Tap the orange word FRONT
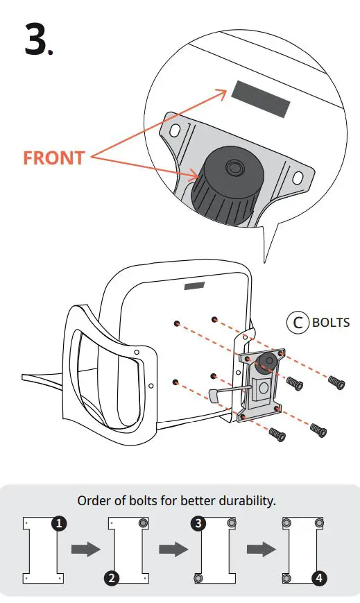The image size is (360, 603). pos(53,158)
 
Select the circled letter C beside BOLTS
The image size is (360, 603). pos(298,323)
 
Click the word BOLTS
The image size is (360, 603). pos(330,323)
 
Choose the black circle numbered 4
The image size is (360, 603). pos(318,577)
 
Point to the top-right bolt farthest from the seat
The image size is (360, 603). pos(336,381)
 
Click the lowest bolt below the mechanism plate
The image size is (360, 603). pos(276,434)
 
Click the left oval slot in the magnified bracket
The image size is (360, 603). pos(174,129)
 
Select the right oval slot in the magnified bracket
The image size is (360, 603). pos(298,178)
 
